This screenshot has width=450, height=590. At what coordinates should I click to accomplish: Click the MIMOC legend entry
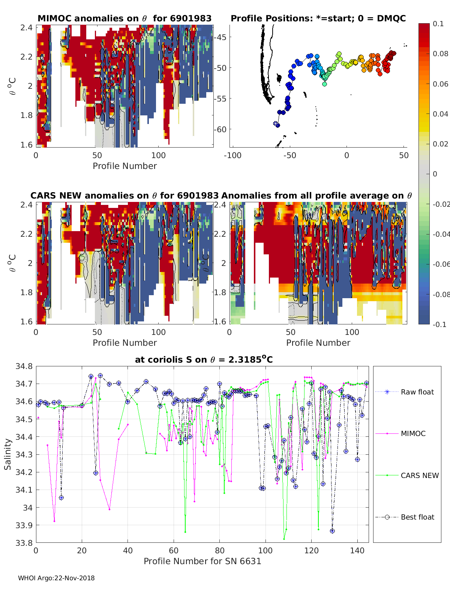pyautogui.click(x=413, y=433)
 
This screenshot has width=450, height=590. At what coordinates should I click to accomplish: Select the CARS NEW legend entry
pyautogui.click(x=419, y=475)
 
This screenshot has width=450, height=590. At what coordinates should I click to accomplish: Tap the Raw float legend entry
pyautogui.click(x=417, y=392)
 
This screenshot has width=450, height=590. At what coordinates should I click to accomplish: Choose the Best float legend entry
pyautogui.click(x=417, y=517)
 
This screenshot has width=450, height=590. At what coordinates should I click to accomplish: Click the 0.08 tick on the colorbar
pyautogui.click(x=440, y=54)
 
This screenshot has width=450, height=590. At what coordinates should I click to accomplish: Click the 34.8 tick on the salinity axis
pyautogui.click(x=24, y=366)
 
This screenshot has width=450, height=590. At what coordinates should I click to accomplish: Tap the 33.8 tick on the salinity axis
pyautogui.click(x=24, y=542)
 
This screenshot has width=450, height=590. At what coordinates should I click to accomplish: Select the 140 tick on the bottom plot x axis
pyautogui.click(x=357, y=550)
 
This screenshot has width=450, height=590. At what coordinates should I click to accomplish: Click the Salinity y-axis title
pyautogui.click(x=8, y=454)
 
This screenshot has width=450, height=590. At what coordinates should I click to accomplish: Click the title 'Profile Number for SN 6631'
pyautogui.click(x=202, y=561)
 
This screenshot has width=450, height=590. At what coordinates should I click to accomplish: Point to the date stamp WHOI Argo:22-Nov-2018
pyautogui.click(x=56, y=578)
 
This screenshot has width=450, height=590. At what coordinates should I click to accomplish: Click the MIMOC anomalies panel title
pyautogui.click(x=124, y=18)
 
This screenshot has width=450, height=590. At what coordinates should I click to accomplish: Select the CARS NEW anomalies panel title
pyautogui.click(x=124, y=196)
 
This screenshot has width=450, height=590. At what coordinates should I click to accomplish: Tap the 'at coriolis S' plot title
pyautogui.click(x=204, y=360)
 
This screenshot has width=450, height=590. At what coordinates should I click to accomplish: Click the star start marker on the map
pyautogui.click(x=276, y=123)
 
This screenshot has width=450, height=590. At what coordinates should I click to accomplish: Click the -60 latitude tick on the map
pyautogui.click(x=220, y=129)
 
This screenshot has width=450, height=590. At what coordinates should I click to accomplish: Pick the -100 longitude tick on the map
pyautogui.click(x=232, y=155)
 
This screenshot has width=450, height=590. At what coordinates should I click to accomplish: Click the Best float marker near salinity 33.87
pyautogui.click(x=332, y=531)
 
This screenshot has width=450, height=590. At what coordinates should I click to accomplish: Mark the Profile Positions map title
pyautogui.click(x=318, y=18)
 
